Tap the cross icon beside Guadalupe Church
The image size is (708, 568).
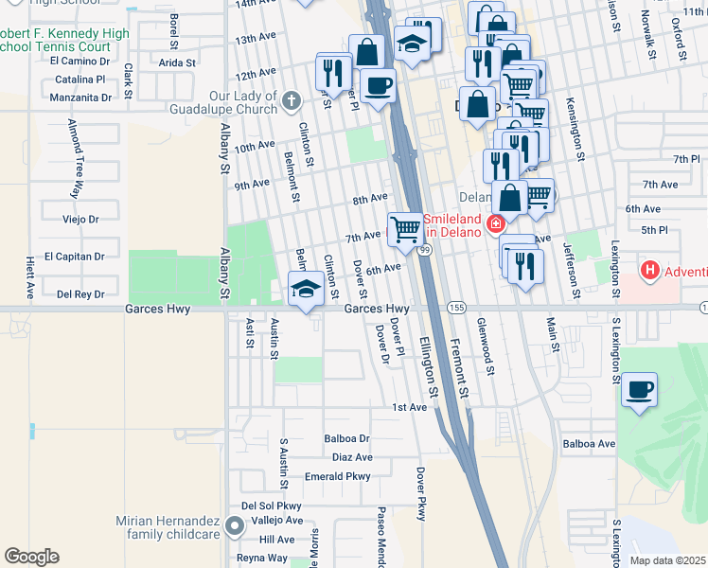[x=291, y=98]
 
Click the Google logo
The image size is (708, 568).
[x=31, y=556]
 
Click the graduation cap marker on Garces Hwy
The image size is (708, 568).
[x=306, y=290]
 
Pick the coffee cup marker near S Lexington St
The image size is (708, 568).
[x=640, y=389]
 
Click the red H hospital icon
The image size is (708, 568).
[x=649, y=271]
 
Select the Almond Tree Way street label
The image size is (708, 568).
[x=73, y=159]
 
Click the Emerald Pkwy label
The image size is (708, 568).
[x=337, y=477]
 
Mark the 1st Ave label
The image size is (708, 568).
[x=410, y=407]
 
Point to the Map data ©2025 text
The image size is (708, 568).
[x=666, y=560]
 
